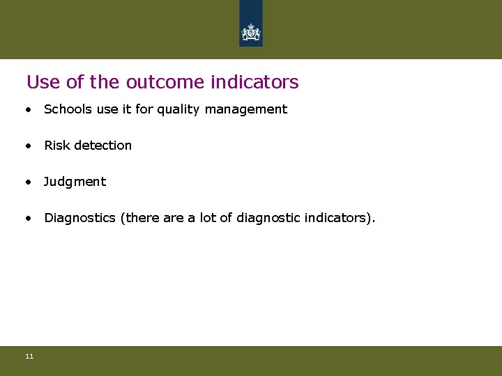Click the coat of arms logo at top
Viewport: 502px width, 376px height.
250,31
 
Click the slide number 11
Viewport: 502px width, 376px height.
29,357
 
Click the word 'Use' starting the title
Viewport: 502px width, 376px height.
43,82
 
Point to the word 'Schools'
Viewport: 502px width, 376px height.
67,109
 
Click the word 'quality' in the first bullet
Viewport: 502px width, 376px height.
179,109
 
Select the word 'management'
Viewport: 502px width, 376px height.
246,109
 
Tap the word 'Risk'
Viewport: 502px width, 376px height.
56,146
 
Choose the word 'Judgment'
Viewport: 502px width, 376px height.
75,182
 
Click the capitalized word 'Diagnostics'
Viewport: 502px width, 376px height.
79,218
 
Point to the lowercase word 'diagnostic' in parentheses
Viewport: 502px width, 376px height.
268,218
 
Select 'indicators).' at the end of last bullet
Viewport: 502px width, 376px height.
340,218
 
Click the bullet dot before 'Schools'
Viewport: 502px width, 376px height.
28,110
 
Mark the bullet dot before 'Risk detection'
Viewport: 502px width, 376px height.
28,146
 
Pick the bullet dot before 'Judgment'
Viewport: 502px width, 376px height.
28,182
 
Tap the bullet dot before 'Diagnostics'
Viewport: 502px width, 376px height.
28,219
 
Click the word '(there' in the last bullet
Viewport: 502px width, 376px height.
139,218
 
